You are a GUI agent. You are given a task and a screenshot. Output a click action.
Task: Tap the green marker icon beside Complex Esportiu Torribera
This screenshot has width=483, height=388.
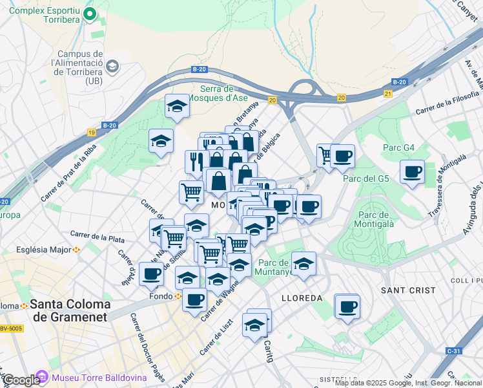pyautogui.click(x=90, y=12)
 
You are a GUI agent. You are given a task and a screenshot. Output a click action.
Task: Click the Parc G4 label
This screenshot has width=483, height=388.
pyautogui.click(x=398, y=148)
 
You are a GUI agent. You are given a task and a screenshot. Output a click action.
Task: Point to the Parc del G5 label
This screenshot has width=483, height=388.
pyautogui.click(x=365, y=178)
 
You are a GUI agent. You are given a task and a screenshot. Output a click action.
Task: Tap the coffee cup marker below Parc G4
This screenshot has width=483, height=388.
pyautogui.click(x=412, y=172)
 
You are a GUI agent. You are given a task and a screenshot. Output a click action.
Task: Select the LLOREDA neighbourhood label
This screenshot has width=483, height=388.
pyautogui.click(x=302, y=298)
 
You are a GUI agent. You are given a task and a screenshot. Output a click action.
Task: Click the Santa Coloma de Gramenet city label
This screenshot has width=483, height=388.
pyautogui.click(x=70, y=310)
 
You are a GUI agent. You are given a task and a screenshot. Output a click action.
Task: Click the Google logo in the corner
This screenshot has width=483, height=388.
pyautogui.click(x=21, y=380)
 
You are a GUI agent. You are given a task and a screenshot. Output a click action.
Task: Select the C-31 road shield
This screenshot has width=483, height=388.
pyautogui.click(x=453, y=351)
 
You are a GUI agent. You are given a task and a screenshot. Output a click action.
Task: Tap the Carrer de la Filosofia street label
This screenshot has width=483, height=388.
pyautogui.click(x=448, y=102)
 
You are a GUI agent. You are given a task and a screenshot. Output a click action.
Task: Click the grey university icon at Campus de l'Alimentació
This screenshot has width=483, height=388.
pyautogui.click(x=112, y=66)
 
